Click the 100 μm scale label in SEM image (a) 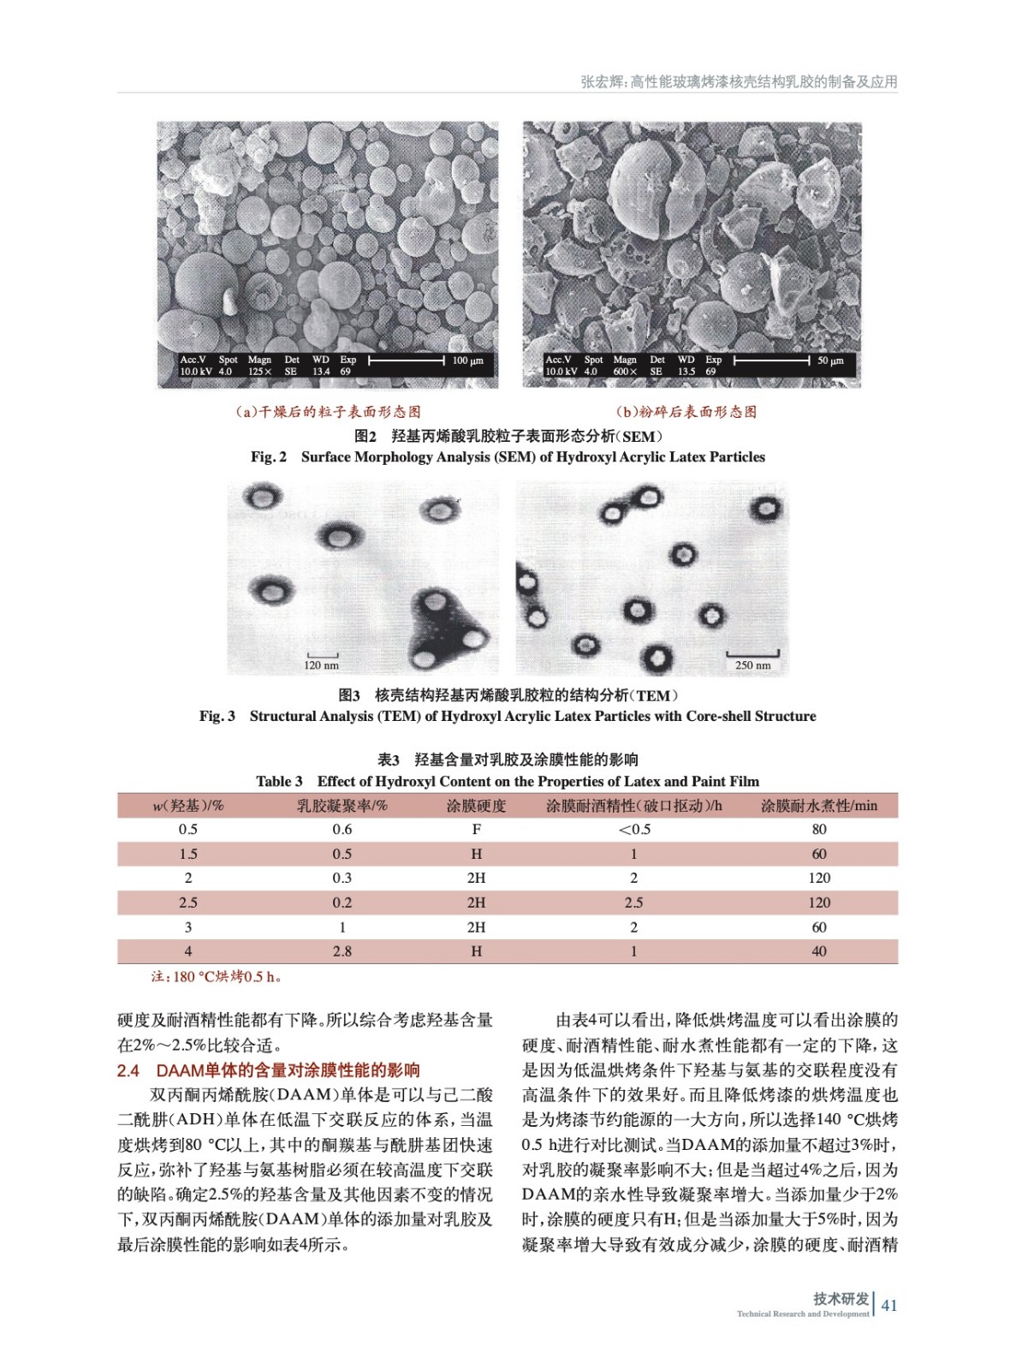468,360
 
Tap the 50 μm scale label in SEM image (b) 830,360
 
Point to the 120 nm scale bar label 321,665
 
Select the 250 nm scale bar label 752,665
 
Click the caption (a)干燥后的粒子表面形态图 328,412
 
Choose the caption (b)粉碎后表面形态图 686,412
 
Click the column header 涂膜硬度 476,806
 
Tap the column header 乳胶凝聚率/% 342,806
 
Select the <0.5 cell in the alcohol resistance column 634,829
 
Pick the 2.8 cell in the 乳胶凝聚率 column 342,951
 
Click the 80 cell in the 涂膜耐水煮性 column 819,829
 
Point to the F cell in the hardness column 476,829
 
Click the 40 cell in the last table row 819,951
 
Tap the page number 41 889,1305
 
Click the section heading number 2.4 128,1070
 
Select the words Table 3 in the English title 279,781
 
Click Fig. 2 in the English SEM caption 269,457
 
